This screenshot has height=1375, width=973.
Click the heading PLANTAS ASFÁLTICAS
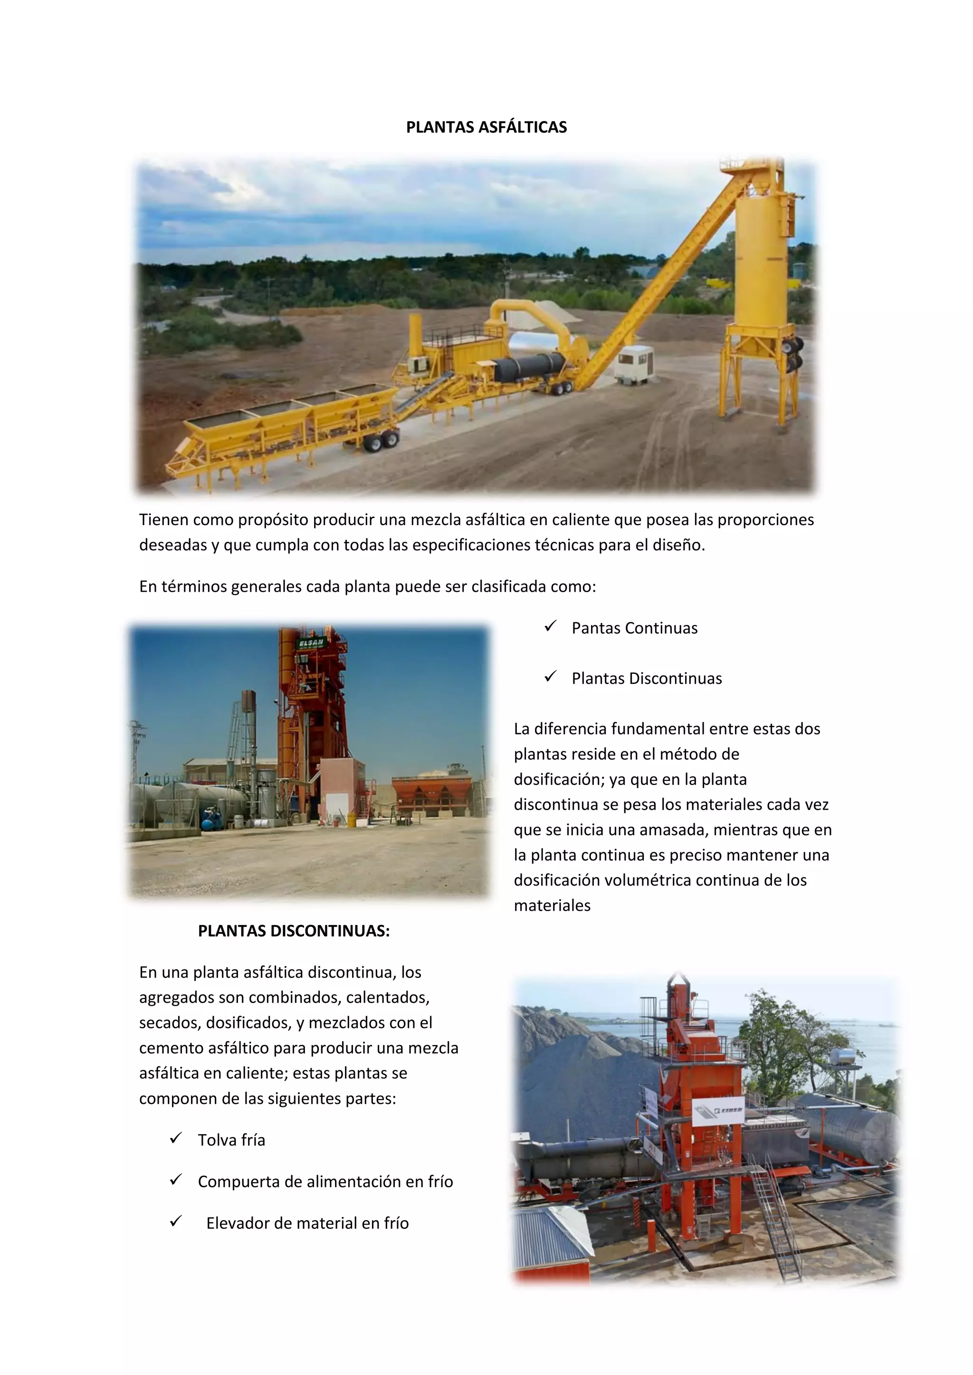[x=486, y=127]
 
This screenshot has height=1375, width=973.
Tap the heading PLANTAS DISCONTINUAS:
[x=294, y=931]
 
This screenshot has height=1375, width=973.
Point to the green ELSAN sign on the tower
[x=312, y=642]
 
